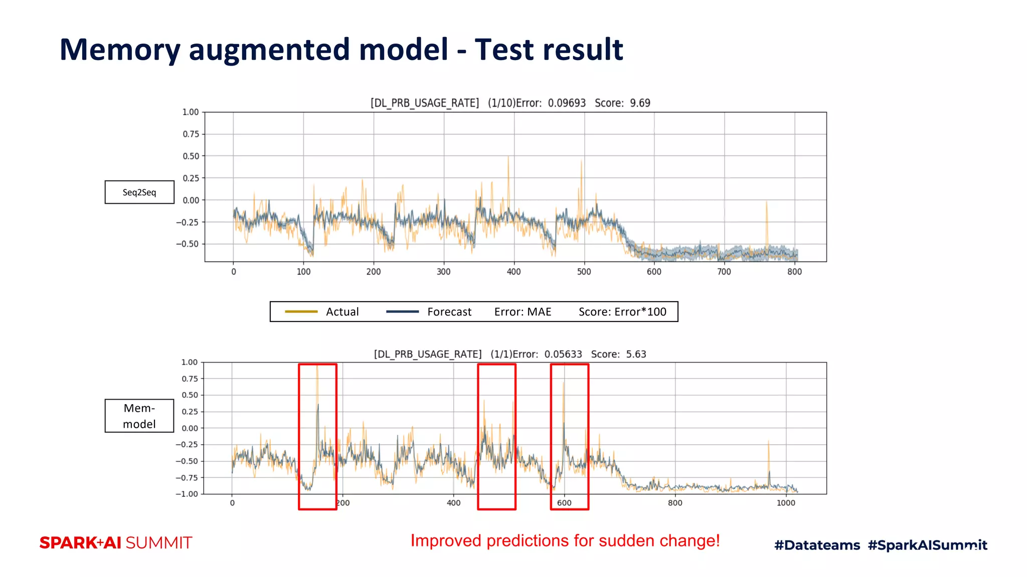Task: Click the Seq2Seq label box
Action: [139, 192]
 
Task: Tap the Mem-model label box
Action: [139, 416]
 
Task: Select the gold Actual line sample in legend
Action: [301, 312]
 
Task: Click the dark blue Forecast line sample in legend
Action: [402, 312]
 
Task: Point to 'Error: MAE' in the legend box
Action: [523, 312]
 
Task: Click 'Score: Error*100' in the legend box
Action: [622, 312]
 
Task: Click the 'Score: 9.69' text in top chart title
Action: [622, 103]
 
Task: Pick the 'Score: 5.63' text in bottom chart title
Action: [618, 354]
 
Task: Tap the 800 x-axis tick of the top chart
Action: [794, 272]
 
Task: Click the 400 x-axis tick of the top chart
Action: [513, 272]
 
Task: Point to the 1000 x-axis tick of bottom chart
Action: [786, 503]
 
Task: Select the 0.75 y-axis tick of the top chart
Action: [191, 134]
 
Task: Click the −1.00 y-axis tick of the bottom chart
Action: [187, 494]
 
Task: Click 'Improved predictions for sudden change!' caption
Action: [565, 541]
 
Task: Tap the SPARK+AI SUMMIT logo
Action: [116, 543]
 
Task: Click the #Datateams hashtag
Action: [817, 545]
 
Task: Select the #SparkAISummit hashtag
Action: [927, 545]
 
